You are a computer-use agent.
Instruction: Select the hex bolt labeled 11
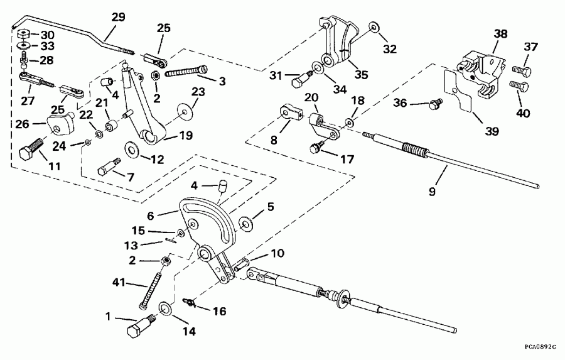(29, 151)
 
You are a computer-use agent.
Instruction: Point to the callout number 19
(185, 134)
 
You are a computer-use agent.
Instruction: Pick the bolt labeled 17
(316, 148)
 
